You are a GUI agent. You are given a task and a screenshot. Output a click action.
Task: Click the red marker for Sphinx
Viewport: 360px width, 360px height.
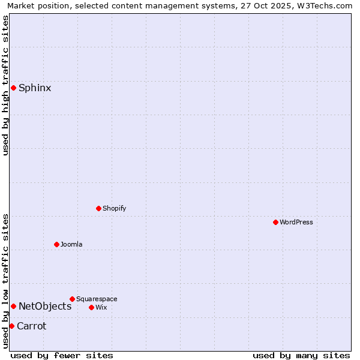tap(13, 88)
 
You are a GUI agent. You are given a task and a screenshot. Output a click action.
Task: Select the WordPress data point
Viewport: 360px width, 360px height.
tap(275, 222)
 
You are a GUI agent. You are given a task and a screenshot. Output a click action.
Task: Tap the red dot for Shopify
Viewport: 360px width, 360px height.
tap(98, 208)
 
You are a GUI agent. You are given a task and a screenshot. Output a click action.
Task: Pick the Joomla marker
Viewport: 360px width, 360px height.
tap(56, 244)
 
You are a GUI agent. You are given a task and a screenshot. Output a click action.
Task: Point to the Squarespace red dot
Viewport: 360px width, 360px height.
tap(72, 299)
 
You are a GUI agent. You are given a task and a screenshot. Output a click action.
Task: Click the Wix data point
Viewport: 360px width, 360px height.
tap(91, 307)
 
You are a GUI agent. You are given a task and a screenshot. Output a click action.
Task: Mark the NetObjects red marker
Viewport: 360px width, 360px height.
tap(13, 307)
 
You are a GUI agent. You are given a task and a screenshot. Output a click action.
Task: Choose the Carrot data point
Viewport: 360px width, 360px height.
tap(11, 326)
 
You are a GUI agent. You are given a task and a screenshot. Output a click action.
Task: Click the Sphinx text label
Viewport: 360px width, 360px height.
tap(35, 88)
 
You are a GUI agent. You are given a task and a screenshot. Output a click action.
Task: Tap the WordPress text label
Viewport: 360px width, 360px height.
tap(296, 223)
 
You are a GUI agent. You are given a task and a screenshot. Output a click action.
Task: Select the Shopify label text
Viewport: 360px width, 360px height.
tap(115, 209)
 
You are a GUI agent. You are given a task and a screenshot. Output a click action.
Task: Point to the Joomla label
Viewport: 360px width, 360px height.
tap(71, 245)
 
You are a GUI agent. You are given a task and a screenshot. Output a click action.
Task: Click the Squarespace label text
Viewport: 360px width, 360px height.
tap(97, 299)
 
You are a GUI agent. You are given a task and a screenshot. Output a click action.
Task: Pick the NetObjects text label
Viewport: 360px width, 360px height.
tap(45, 307)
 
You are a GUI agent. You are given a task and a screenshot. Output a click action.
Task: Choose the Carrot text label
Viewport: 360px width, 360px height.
tap(31, 326)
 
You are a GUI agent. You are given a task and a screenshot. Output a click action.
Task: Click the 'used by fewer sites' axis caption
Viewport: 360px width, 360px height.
tap(62, 355)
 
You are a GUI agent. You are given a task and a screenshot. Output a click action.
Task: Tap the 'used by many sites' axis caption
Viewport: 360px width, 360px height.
tap(301, 355)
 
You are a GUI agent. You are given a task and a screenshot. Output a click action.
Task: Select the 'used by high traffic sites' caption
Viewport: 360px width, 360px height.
tap(6, 85)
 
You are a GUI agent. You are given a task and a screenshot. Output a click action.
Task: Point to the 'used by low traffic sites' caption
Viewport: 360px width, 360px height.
tap(6, 281)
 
